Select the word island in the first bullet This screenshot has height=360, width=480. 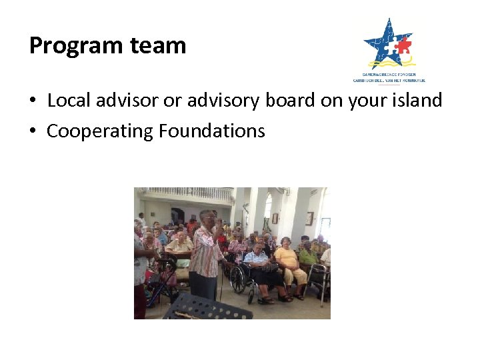click(418, 100)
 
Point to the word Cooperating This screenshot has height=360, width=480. click(100, 131)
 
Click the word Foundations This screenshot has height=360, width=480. click(212, 131)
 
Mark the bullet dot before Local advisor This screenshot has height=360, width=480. click(33, 101)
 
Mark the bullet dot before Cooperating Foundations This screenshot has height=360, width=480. click(33, 132)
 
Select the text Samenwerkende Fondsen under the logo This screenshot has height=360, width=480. click(389, 75)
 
